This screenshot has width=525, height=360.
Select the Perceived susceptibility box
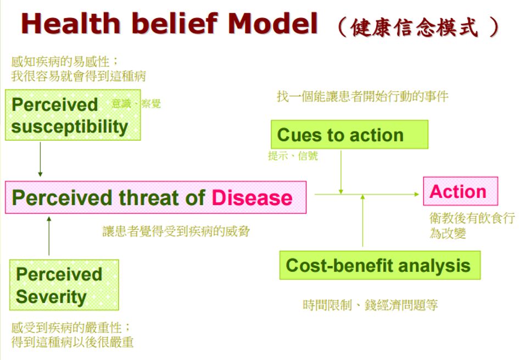tap(72, 115)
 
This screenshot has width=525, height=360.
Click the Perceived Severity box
tap(64, 285)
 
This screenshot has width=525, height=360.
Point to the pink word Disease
tap(252, 198)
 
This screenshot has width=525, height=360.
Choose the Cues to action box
tap(349, 135)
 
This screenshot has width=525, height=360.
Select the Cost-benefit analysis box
tap(379, 265)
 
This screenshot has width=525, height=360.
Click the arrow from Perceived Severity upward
tap(49, 236)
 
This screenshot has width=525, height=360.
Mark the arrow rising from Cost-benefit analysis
tap(363, 220)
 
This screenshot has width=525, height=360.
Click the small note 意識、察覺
tap(136, 103)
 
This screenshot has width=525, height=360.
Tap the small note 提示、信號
tap(292, 156)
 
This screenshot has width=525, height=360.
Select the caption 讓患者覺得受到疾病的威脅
tap(176, 231)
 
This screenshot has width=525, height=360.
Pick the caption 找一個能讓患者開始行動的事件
tap(362, 97)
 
